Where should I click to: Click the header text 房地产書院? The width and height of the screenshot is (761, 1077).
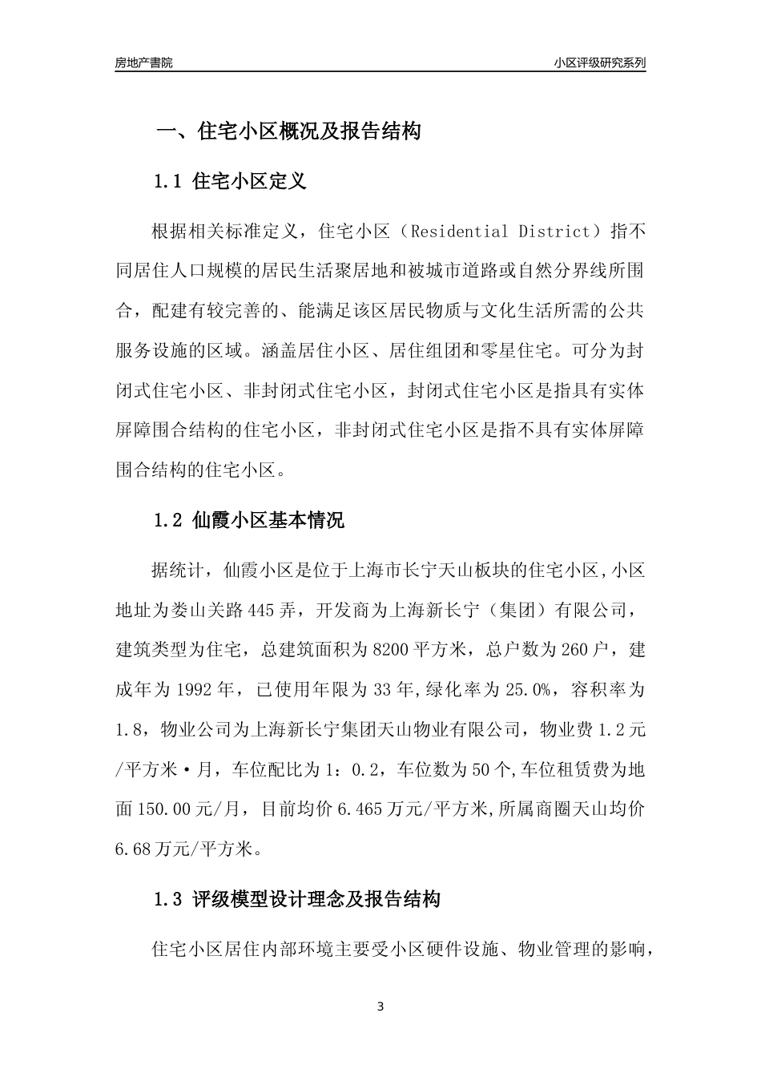pyautogui.click(x=143, y=63)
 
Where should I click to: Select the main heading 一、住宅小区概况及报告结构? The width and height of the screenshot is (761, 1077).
pyautogui.click(x=288, y=131)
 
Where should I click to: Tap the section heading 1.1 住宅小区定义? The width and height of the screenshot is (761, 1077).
pyautogui.click(x=231, y=181)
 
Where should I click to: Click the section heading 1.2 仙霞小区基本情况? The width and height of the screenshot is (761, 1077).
pyautogui.click(x=249, y=521)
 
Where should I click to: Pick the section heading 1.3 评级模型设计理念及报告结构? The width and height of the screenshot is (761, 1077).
pyautogui.click(x=297, y=899)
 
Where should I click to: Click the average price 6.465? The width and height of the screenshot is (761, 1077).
pyautogui.click(x=362, y=809)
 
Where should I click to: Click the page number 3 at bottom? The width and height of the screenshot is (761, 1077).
pyautogui.click(x=380, y=1006)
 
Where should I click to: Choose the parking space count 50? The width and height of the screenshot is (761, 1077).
pyautogui.click(x=481, y=769)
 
